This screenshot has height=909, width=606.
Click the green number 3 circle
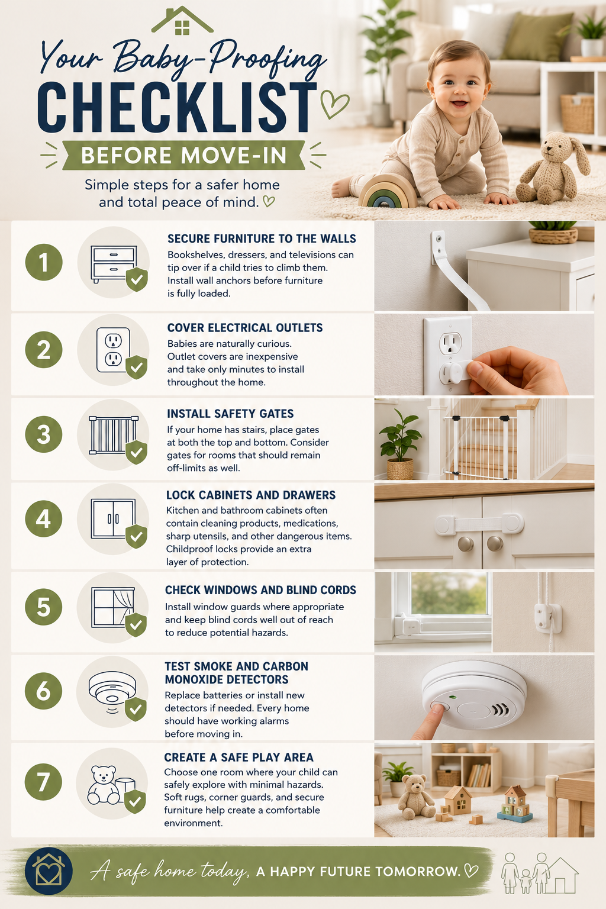point(44,434)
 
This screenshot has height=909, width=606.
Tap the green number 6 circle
point(43,691)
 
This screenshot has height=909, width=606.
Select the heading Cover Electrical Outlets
point(245,328)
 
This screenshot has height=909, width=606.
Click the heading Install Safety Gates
point(230,414)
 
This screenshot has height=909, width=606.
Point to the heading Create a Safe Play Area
point(238,757)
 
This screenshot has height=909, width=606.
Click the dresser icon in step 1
point(113,264)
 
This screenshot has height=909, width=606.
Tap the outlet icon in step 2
point(113,350)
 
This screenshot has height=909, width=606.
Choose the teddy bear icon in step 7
point(104,785)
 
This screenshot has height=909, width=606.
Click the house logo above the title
point(182,21)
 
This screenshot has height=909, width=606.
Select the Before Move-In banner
point(183,156)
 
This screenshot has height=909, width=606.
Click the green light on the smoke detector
point(453,697)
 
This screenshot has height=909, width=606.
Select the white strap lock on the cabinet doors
point(479,525)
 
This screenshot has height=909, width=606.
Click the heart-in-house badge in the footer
point(49,871)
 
